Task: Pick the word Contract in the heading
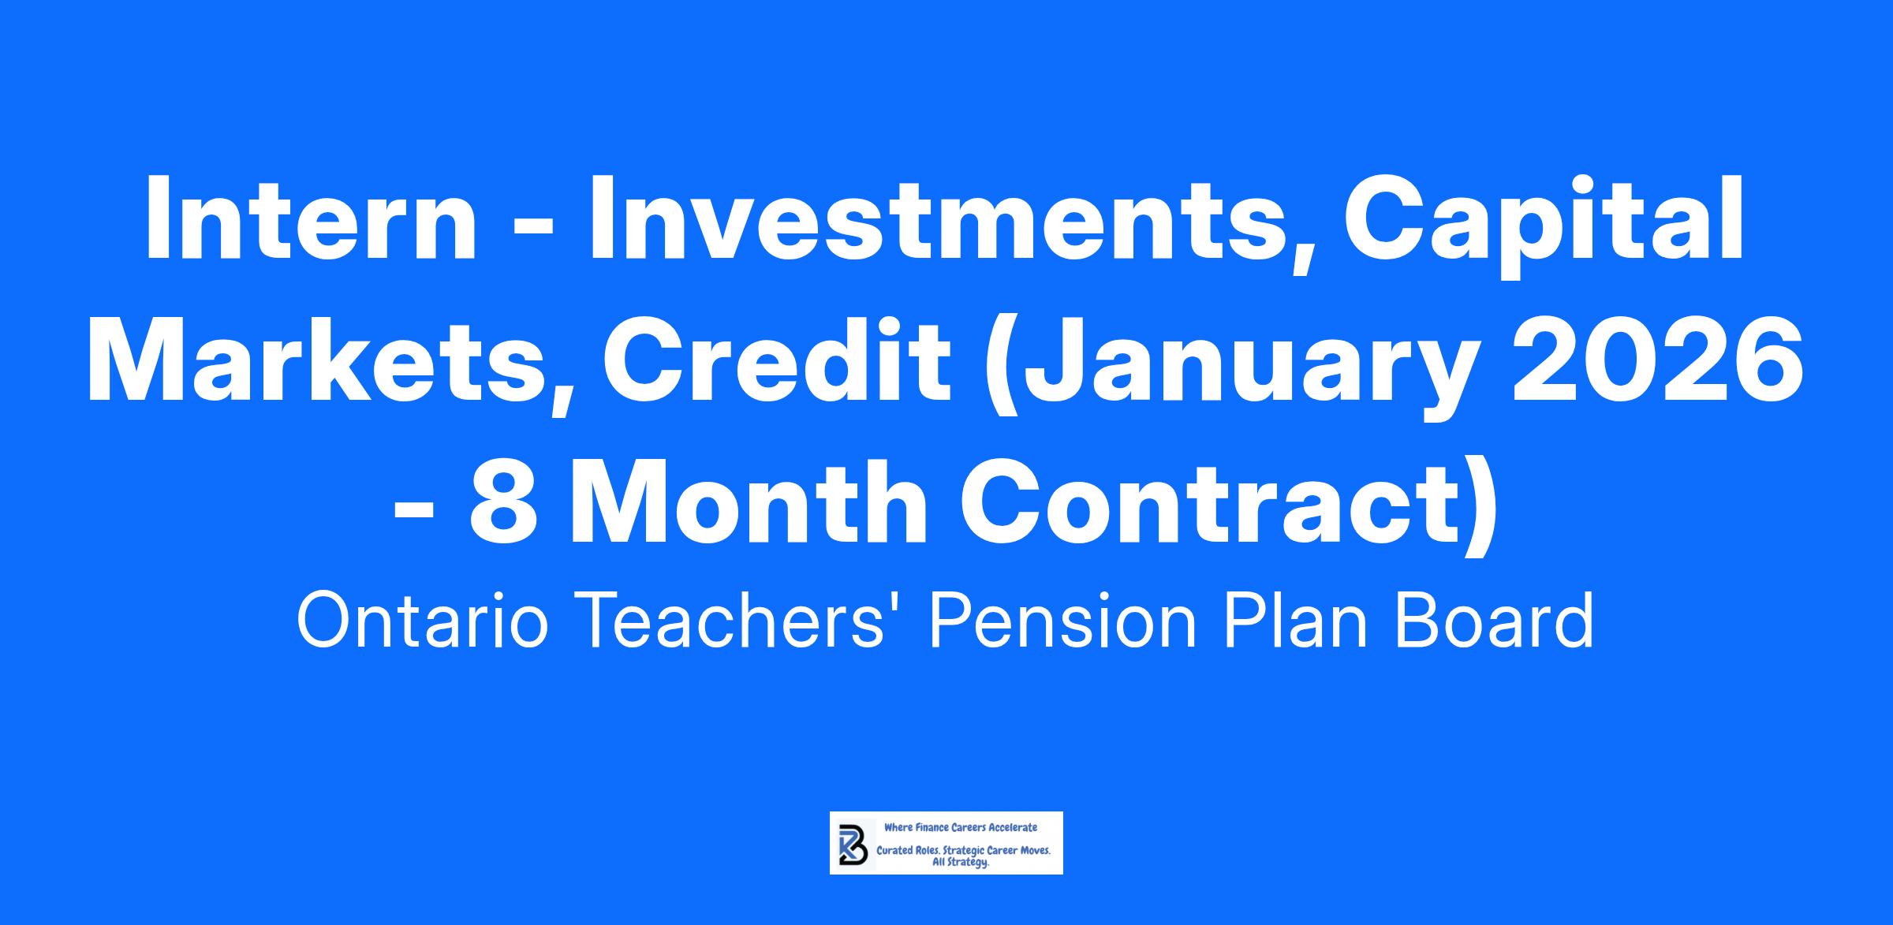coord(1210,502)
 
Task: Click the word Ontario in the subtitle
coord(422,622)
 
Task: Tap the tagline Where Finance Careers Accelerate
coord(961,827)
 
